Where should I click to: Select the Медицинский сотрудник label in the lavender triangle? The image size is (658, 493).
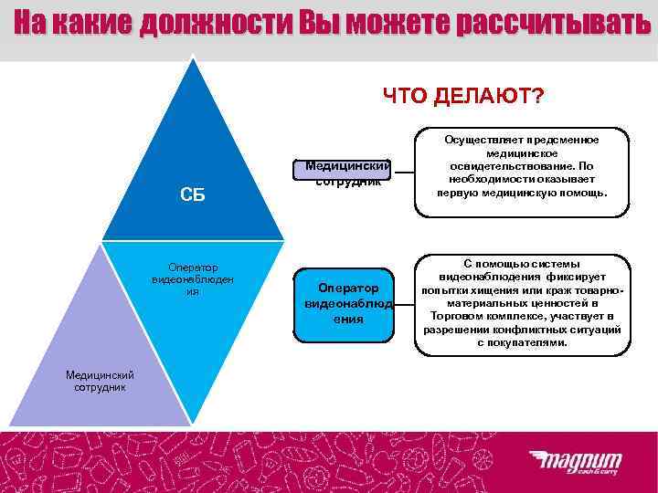click(101, 381)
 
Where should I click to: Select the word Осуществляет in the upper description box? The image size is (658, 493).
click(481, 140)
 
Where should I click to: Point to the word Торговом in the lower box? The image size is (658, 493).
click(462, 315)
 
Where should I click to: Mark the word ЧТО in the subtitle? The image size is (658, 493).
click(403, 96)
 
